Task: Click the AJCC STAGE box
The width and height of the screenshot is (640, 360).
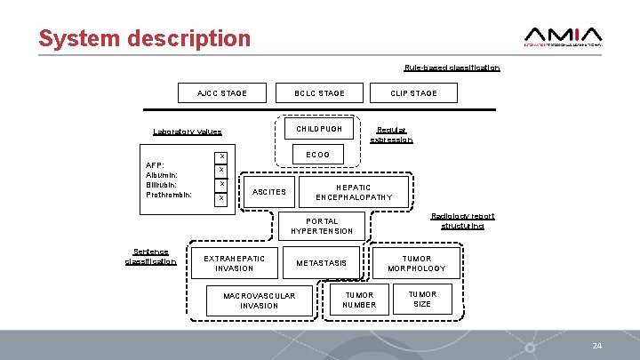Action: [x=222, y=93]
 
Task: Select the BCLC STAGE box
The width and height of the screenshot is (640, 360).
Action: [x=320, y=93]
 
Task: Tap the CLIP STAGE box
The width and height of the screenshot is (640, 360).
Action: [x=414, y=93]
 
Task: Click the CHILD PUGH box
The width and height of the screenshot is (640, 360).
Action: [x=319, y=130]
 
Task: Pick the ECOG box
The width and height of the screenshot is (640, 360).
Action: [x=317, y=155]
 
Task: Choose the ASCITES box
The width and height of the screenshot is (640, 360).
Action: [x=269, y=192]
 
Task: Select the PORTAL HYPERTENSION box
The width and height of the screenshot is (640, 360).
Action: [x=322, y=227]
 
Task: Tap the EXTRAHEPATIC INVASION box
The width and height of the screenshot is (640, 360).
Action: [x=235, y=263]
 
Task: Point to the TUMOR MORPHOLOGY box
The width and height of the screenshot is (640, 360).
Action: [x=416, y=263]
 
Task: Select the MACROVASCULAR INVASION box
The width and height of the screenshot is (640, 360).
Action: [x=260, y=300]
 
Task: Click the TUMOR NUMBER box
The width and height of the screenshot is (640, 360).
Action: [x=359, y=300]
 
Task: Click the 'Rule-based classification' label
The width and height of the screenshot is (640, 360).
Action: [x=452, y=68]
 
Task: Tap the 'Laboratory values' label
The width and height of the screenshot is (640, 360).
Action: [x=187, y=132]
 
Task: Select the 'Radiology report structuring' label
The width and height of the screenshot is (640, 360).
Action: [x=462, y=221]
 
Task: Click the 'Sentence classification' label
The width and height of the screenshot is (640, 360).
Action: [x=150, y=256]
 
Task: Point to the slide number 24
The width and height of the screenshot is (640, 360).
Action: [x=597, y=344]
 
